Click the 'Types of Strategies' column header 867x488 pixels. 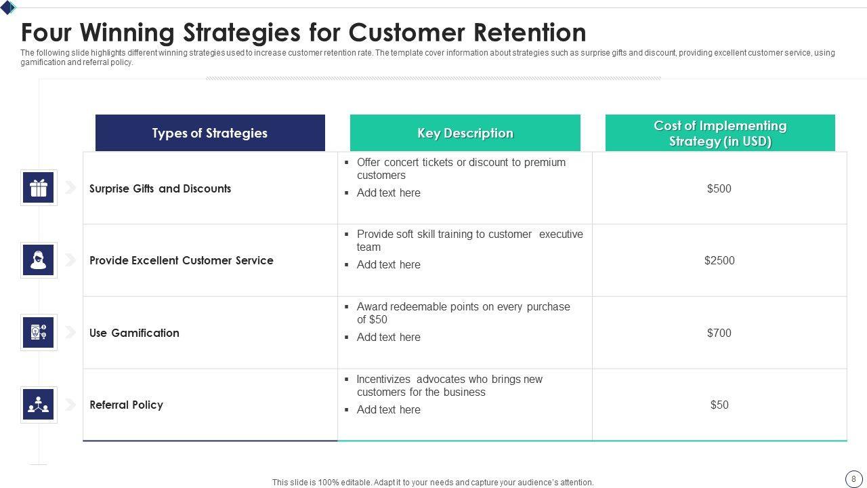click(210, 133)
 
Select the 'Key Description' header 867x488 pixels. click(465, 133)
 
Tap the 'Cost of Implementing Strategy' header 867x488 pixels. click(719, 133)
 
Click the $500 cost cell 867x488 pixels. click(719, 188)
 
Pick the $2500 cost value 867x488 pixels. click(719, 260)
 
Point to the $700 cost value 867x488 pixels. click(719, 333)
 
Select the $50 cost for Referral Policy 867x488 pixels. click(719, 405)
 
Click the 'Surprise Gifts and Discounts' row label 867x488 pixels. click(160, 188)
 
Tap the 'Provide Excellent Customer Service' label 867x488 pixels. click(181, 260)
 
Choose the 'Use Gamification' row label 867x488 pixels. click(134, 333)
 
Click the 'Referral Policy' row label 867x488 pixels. click(126, 405)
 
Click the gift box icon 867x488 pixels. click(39, 188)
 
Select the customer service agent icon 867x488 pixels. click(39, 260)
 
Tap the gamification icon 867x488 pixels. click(39, 332)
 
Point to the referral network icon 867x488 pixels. click(39, 405)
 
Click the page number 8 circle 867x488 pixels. click(853, 479)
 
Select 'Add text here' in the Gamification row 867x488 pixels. click(388, 337)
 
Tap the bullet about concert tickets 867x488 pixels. click(461, 169)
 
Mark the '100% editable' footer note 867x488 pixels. click(433, 483)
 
